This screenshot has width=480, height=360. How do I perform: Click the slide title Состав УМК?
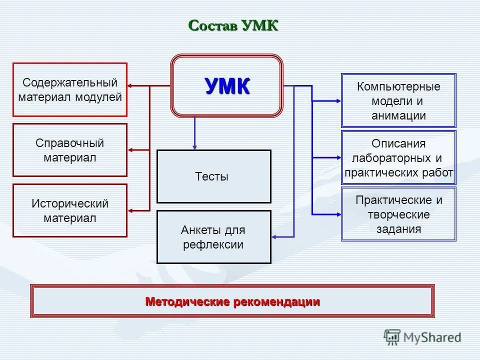(233, 25)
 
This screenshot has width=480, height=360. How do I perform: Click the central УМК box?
(227, 86)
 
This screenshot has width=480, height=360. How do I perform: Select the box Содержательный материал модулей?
(70, 89)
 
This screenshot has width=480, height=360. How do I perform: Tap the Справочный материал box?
(70, 150)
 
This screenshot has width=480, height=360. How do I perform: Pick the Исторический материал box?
(70, 210)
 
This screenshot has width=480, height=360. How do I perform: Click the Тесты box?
(214, 176)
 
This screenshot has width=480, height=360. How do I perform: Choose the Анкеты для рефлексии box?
(214, 237)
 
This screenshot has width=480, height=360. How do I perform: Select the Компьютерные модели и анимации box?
(398, 100)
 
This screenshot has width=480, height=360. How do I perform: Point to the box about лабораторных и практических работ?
(398, 158)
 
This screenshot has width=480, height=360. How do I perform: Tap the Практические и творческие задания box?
(398, 214)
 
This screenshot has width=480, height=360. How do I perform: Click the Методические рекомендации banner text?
(232, 301)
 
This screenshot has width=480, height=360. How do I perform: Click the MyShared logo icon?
(392, 337)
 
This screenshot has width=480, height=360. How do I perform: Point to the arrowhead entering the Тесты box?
(194, 146)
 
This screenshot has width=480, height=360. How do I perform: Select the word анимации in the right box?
(398, 116)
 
